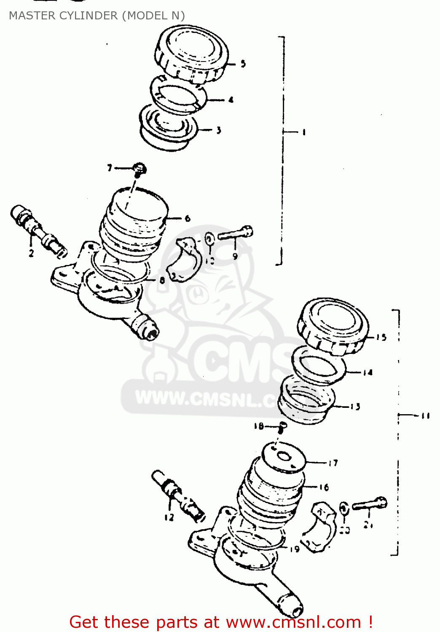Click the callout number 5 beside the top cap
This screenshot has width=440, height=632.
(243, 64)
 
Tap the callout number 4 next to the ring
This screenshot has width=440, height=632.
(231, 100)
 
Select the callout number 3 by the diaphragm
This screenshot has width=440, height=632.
(218, 130)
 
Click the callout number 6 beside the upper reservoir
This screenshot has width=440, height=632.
(188, 218)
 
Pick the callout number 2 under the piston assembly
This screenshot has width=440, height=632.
(31, 253)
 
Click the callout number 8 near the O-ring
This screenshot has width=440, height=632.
(162, 280)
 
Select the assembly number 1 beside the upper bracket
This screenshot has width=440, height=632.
(303, 132)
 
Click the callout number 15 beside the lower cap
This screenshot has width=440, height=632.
(381, 337)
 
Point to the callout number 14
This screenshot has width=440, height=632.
(368, 372)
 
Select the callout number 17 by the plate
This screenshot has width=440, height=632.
(333, 463)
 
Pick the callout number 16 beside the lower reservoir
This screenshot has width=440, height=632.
(323, 487)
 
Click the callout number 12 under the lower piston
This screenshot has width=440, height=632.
(169, 517)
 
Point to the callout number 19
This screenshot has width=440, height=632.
(295, 549)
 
